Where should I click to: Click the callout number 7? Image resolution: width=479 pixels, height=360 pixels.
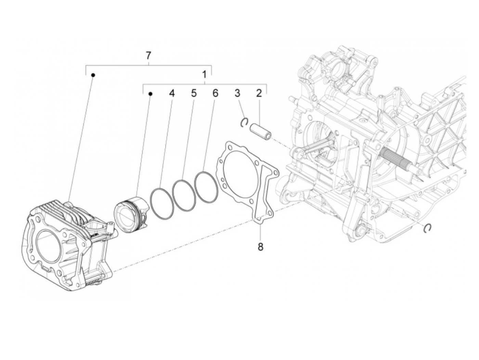click(x=148, y=56)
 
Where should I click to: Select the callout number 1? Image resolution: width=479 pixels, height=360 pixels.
click(x=204, y=75)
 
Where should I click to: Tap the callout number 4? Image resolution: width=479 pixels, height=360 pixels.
click(x=172, y=93)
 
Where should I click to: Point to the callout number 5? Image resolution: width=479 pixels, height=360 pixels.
click(x=194, y=93)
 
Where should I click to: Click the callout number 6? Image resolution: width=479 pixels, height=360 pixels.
click(x=215, y=93)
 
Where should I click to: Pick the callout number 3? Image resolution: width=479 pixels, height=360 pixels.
click(x=237, y=93)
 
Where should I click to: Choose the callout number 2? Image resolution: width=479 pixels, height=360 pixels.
click(x=259, y=93)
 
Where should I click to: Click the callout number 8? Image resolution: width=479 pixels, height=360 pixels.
click(x=260, y=247)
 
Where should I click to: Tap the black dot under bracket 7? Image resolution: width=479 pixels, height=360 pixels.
click(x=93, y=75)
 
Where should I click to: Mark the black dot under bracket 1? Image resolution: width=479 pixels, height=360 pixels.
click(x=150, y=93)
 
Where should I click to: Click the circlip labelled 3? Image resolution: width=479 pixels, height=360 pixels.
click(x=244, y=122)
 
